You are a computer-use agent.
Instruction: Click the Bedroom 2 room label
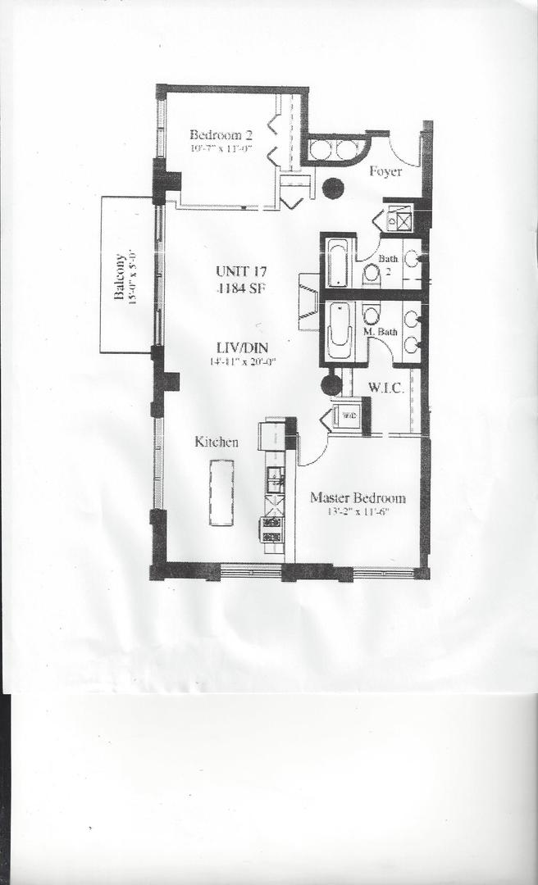click(220, 135)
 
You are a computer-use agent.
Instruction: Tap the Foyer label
click(385, 172)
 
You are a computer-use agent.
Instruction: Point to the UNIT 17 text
click(242, 272)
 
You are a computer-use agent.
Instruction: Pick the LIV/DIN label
click(242, 347)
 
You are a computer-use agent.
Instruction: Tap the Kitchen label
click(217, 442)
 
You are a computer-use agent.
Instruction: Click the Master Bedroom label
click(357, 498)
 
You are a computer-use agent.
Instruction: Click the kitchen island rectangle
click(221, 492)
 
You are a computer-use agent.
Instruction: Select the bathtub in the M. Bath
click(338, 330)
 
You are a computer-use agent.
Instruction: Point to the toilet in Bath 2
click(371, 273)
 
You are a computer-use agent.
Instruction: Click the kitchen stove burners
click(272, 529)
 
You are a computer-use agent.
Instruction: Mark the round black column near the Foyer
click(332, 188)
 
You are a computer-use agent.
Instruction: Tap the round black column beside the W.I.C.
click(331, 383)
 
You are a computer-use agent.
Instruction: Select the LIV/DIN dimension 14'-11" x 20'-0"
click(242, 361)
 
